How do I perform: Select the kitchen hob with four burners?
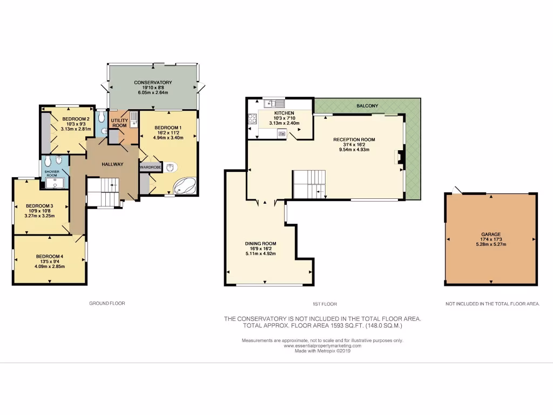tap(252, 119)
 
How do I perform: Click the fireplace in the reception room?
tap(400, 157)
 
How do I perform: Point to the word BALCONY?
tap(367, 106)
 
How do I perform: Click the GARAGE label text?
tap(491, 235)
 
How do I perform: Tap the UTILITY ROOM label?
tap(119, 123)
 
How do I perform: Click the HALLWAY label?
tap(113, 164)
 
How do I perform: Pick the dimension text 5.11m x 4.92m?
tap(261, 253)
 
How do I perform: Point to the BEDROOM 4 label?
tap(50, 256)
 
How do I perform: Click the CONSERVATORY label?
tap(153, 83)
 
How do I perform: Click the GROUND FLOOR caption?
tap(107, 304)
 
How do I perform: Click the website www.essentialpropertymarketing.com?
tap(322, 345)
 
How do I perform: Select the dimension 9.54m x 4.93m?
tap(354, 149)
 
